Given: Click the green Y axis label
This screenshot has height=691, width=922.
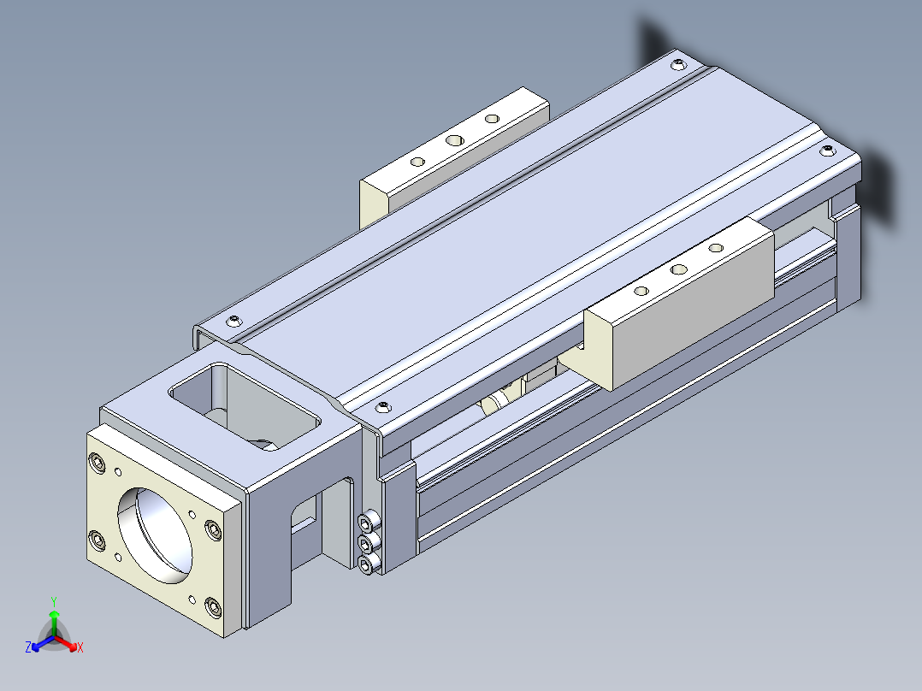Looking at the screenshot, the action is click(54, 602).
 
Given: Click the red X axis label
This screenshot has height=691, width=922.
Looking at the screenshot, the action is click(80, 647).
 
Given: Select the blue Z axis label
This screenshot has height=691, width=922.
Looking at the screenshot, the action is click(28, 647).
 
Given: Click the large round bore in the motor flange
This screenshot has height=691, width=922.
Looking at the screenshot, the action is click(155, 535).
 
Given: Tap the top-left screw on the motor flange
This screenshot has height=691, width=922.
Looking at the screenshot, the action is click(98, 464).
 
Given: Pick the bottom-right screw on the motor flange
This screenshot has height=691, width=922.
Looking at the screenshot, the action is click(214, 607).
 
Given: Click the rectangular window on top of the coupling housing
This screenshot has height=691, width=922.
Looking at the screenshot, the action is click(244, 406).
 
